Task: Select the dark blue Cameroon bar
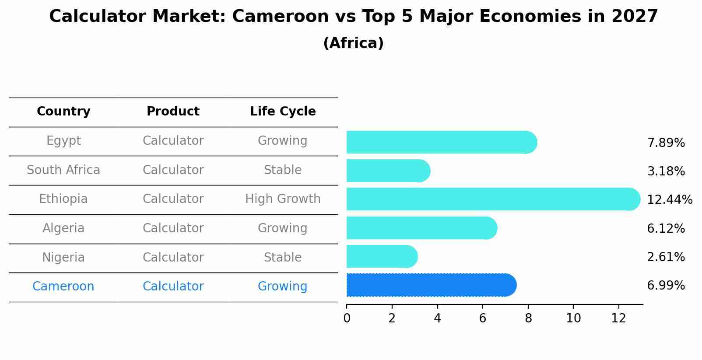(x=431, y=285)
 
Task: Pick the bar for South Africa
(x=388, y=171)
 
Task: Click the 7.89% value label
(x=666, y=143)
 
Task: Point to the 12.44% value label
(x=669, y=200)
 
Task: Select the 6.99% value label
(x=666, y=286)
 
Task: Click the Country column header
(x=63, y=112)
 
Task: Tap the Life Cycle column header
(x=283, y=112)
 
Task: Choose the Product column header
(x=173, y=112)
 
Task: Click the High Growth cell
(x=283, y=199)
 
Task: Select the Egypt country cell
(x=63, y=141)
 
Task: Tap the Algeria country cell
(x=63, y=228)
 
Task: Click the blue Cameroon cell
(x=63, y=287)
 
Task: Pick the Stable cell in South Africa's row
(x=283, y=170)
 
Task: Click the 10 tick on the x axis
(x=573, y=318)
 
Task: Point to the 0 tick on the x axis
(x=347, y=318)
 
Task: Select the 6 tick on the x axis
(x=483, y=318)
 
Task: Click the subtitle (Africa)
(x=353, y=43)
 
